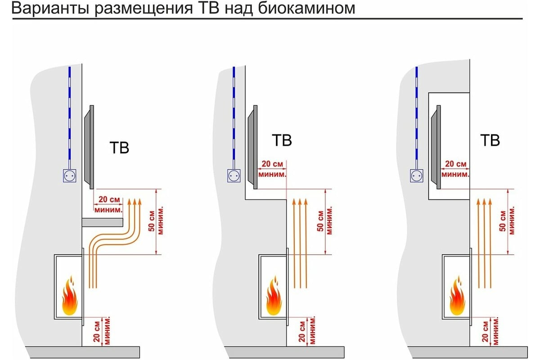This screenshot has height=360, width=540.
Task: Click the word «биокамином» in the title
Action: pyautogui.click(x=306, y=9)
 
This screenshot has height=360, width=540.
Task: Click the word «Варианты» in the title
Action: pyautogui.click(x=49, y=9)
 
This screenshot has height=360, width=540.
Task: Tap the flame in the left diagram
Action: pyautogui.click(x=70, y=296)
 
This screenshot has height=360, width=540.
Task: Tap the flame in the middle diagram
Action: pyautogui.click(x=274, y=296)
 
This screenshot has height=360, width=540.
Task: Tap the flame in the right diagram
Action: pyautogui.click(x=457, y=296)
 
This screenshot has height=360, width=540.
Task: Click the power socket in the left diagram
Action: pyautogui.click(x=69, y=176)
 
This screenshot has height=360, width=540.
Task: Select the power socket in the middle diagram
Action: pyautogui.click(x=234, y=176)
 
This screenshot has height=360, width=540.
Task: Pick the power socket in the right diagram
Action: pyautogui.click(x=417, y=176)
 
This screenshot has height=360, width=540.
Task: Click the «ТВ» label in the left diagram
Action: pyautogui.click(x=119, y=148)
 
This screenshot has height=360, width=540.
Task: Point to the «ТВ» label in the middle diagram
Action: pyautogui.click(x=282, y=140)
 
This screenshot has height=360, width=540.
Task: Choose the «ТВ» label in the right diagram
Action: pyautogui.click(x=490, y=140)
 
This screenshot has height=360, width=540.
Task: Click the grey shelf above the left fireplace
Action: pyautogui.click(x=103, y=222)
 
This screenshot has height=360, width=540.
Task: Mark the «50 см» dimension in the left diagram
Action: pyautogui.click(x=152, y=221)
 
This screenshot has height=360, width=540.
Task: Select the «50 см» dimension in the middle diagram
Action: pyautogui.click(x=320, y=221)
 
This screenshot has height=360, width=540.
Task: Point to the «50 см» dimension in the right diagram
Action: pyautogui.click(x=503, y=221)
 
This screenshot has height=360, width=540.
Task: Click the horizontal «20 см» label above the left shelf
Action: pyautogui.click(x=109, y=199)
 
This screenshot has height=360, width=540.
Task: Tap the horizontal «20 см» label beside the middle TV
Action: pyautogui.click(x=272, y=164)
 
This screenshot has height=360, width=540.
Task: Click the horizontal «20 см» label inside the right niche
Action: pyautogui.click(x=455, y=164)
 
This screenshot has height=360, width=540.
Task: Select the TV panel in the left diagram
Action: pyautogui.click(x=89, y=147)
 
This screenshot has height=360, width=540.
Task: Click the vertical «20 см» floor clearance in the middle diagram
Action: pyautogui.click(x=302, y=332)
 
